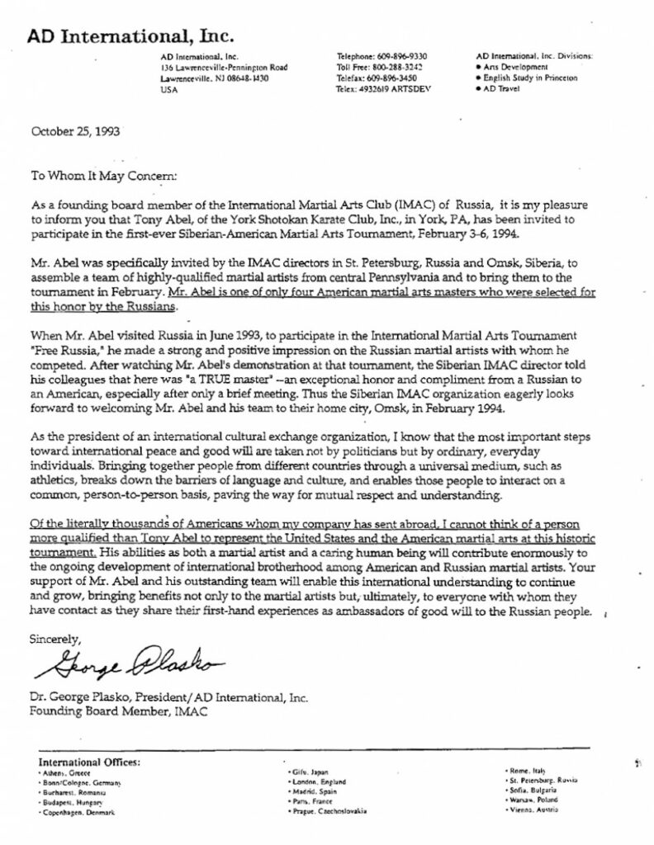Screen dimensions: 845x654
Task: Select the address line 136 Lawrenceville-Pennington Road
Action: coord(225,66)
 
